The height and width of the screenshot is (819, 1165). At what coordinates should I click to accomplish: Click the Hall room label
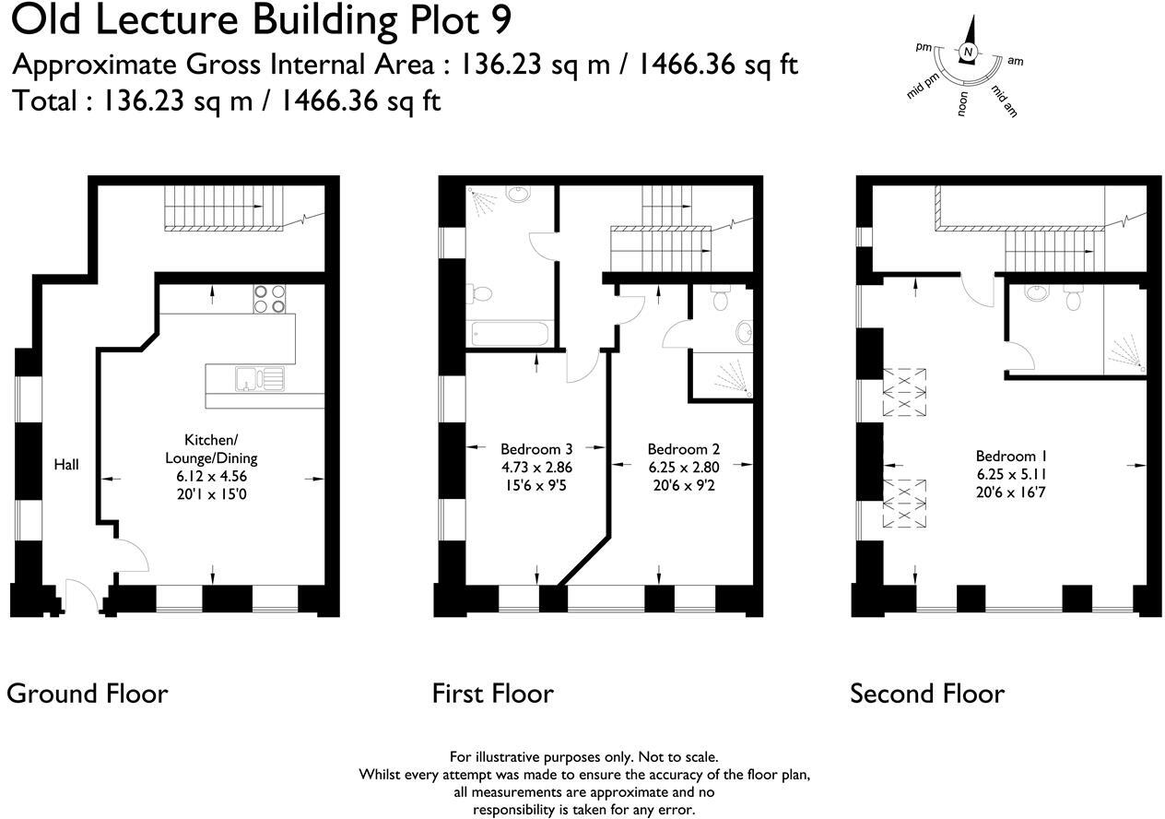click(65, 465)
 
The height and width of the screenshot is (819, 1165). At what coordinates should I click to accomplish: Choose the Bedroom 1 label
click(1011, 457)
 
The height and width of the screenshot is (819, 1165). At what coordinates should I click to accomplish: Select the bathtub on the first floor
click(511, 334)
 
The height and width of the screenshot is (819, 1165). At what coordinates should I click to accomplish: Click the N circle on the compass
click(968, 53)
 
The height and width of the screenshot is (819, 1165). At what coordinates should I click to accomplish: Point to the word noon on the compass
click(962, 104)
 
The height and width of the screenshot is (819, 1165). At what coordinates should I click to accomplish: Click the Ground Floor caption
click(88, 693)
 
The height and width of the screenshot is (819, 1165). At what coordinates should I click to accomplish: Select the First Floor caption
click(493, 693)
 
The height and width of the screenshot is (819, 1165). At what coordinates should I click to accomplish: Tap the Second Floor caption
click(927, 693)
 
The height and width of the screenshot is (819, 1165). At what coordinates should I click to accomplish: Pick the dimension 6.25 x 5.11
click(1011, 474)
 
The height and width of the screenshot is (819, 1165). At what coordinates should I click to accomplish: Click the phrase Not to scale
click(675, 757)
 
